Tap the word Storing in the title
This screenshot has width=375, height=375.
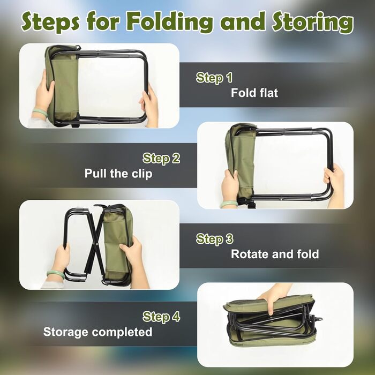click(312, 22)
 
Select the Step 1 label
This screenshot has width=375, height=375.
click(214, 78)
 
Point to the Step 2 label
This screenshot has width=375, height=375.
click(161, 159)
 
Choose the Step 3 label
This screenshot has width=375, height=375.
click(214, 239)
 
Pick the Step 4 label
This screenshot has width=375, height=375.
click(161, 317)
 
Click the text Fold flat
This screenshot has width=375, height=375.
click(254, 93)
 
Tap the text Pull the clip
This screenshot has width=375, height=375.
click(118, 174)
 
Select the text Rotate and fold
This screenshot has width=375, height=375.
click(275, 254)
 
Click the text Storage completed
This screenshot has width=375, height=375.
click(97, 332)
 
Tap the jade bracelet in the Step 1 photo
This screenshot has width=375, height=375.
click(40, 112)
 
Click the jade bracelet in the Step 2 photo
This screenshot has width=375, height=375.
click(229, 204)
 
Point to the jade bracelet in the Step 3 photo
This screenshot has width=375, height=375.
click(55, 274)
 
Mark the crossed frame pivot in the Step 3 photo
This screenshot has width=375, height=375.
click(97, 244)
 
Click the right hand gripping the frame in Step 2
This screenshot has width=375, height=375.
click(335, 183)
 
